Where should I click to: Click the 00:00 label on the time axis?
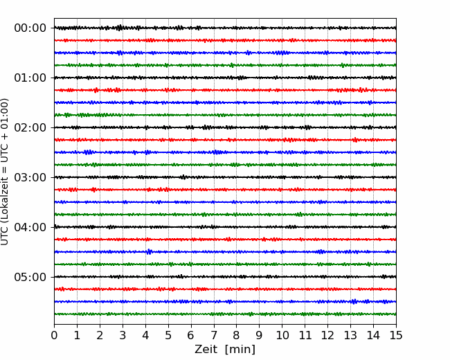[30, 28]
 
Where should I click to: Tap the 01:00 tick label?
[30, 78]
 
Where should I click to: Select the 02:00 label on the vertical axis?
[30, 127]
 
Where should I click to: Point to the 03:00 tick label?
[30, 177]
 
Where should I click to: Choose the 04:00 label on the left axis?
[30, 227]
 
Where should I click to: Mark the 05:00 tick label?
[30, 277]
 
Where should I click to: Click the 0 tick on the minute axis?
[54, 335]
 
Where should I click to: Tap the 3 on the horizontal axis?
[123, 335]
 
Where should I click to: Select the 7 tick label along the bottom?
[214, 335]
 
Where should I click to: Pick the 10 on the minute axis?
[282, 335]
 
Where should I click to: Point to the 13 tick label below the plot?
[350, 335]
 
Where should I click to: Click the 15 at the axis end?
[396, 335]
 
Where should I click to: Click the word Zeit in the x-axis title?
[206, 349]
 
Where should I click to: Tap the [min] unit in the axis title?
[240, 350]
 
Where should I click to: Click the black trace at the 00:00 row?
[225, 28]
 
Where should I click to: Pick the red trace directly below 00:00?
[225, 40]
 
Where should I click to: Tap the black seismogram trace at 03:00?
[225, 177]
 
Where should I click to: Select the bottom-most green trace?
[225, 314]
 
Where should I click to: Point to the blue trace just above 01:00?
[225, 65]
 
